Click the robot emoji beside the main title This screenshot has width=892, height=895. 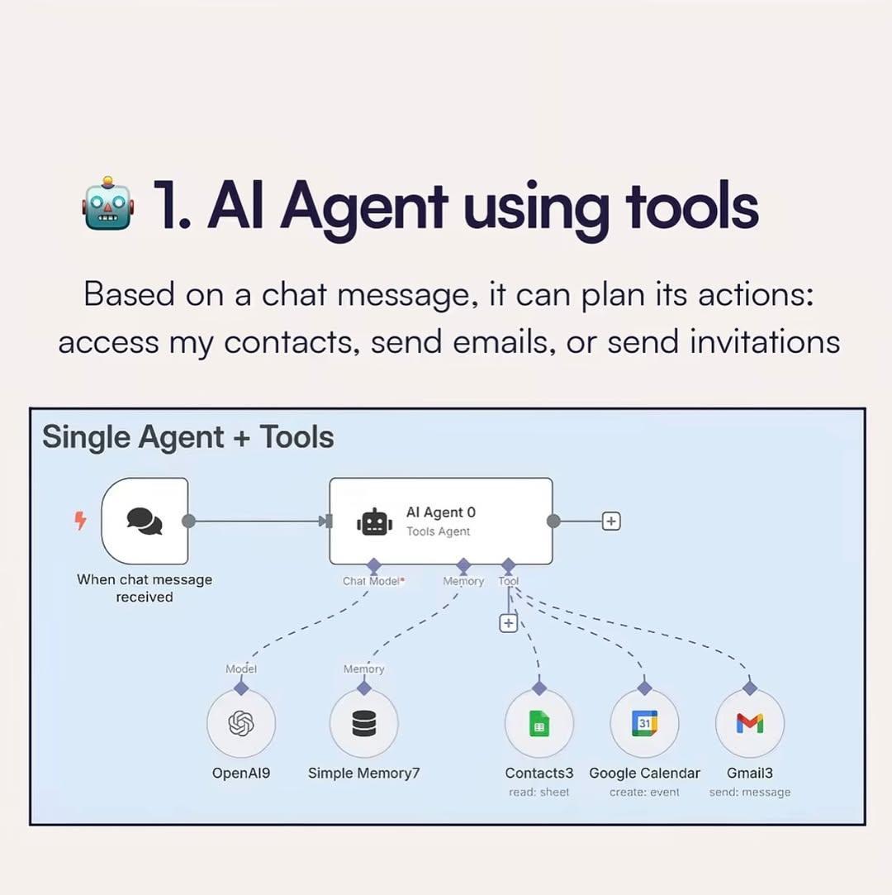108,204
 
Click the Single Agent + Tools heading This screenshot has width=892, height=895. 188,437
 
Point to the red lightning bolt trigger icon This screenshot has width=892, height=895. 80,520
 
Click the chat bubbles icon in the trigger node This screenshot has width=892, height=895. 145,521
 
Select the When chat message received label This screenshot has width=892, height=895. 145,588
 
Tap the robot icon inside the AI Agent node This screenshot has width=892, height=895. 374,521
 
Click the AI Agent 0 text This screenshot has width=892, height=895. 440,512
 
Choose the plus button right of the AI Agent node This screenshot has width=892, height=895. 611,521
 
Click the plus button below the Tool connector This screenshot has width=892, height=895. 508,623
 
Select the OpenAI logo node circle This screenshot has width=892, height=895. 241,723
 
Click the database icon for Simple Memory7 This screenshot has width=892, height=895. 364,723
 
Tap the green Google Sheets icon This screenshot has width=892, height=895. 539,723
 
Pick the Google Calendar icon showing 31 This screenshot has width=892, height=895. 644,723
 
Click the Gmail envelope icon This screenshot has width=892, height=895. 750,723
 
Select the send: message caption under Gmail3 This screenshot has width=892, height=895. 750,792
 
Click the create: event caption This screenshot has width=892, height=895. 644,792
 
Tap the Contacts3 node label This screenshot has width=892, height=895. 539,773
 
